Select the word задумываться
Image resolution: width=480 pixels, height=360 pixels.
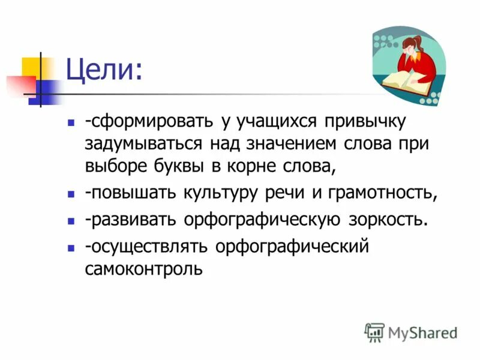click(x=142, y=144)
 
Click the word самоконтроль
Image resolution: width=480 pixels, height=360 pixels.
click(x=144, y=269)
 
